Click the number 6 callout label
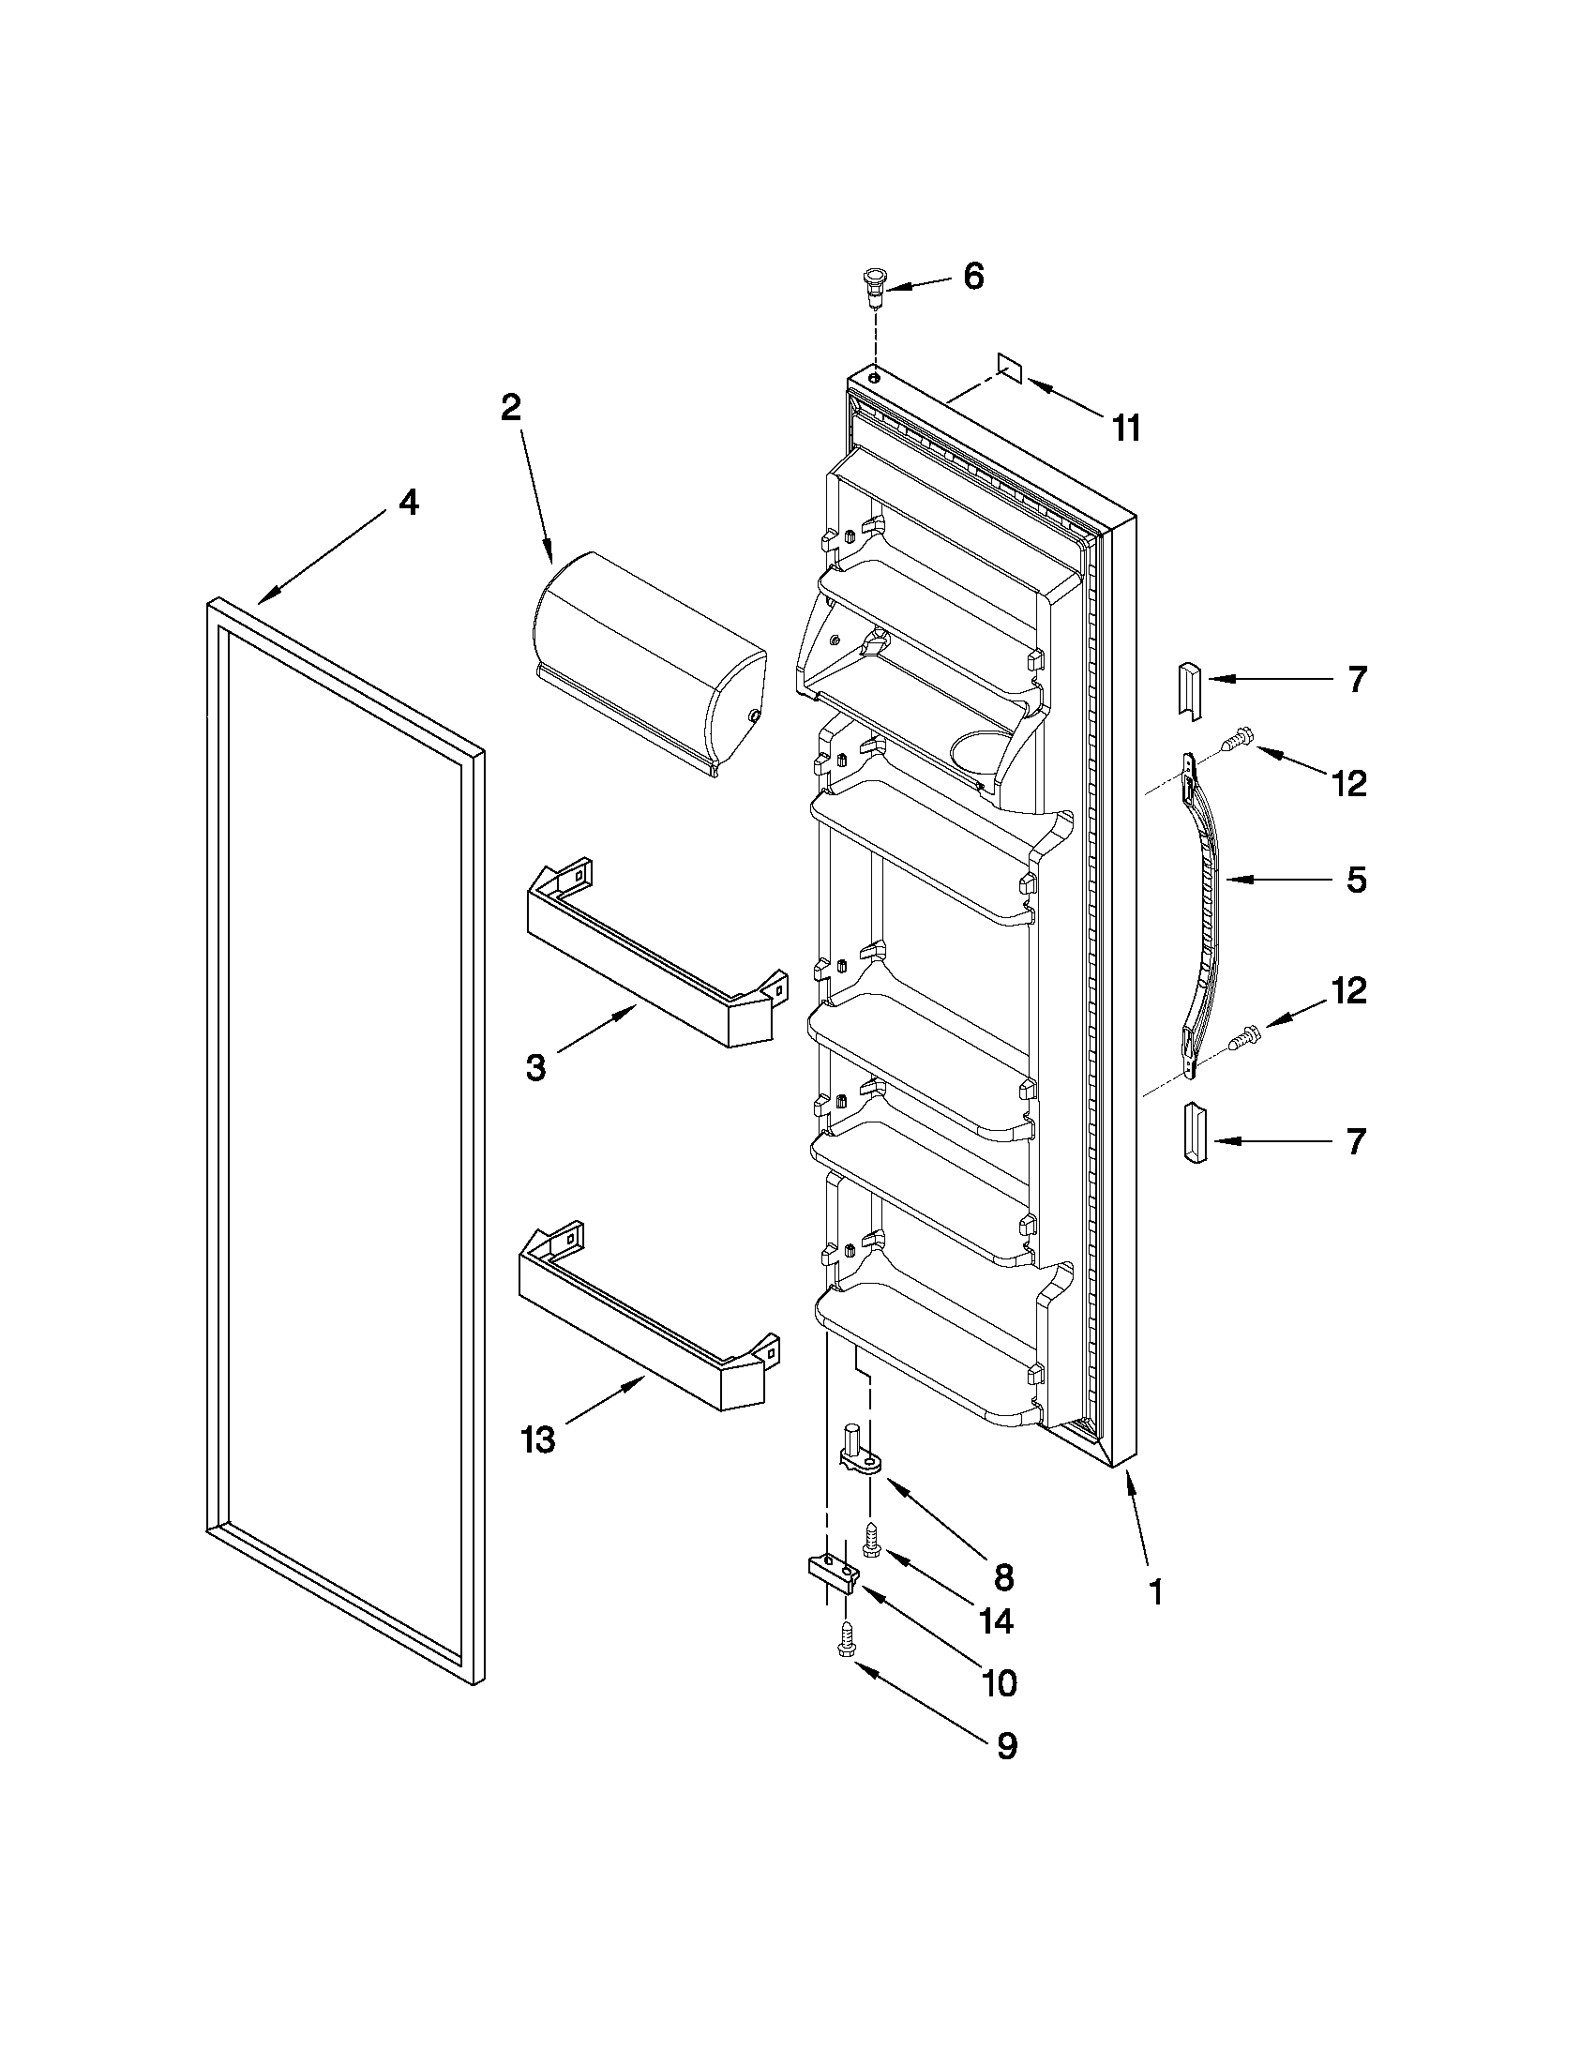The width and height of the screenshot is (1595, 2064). [973, 277]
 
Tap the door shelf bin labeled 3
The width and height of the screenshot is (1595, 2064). [652, 955]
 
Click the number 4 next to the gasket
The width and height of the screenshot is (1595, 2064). [407, 504]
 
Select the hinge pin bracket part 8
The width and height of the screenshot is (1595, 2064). [861, 1454]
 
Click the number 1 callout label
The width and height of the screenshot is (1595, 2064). [1154, 1591]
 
